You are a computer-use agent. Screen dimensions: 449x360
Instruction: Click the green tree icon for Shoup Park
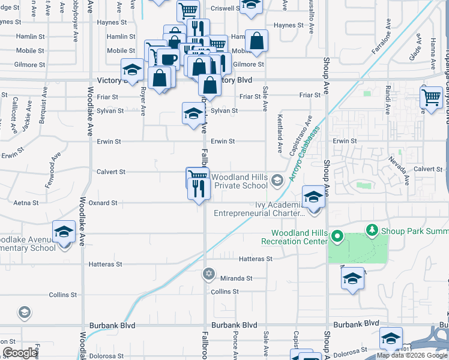click(372, 230)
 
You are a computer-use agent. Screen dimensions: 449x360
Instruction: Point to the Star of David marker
click(208, 274)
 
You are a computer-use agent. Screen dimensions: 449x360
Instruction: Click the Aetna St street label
click(27, 203)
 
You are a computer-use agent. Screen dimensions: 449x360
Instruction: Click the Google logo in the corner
click(20, 353)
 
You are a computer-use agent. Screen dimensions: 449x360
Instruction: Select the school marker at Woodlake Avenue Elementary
click(64, 232)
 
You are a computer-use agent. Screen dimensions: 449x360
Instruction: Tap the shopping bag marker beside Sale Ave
click(256, 41)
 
